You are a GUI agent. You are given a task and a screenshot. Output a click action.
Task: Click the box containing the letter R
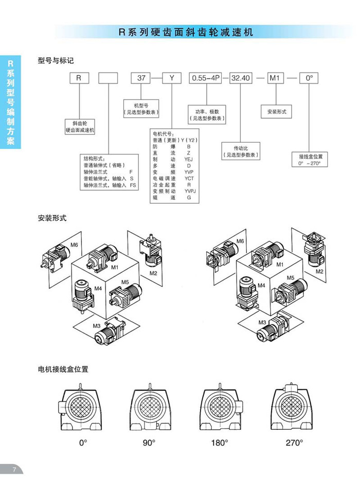[x=78, y=79]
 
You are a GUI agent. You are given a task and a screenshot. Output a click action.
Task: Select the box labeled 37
[x=140, y=79]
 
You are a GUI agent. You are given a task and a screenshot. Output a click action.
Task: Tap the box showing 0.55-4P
[x=205, y=79]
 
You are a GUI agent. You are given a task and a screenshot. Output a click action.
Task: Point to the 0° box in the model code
[x=309, y=79]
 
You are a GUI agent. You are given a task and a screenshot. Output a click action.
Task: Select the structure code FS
[x=133, y=185]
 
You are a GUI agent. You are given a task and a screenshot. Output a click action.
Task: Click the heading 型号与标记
[x=56, y=60]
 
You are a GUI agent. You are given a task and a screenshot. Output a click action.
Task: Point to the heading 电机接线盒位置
[x=63, y=369]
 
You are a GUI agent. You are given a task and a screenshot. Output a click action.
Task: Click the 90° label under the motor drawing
[x=149, y=442]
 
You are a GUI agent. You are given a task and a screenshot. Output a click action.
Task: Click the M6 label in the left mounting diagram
[x=74, y=245]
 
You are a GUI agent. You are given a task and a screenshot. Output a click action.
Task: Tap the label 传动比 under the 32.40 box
[x=241, y=147]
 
